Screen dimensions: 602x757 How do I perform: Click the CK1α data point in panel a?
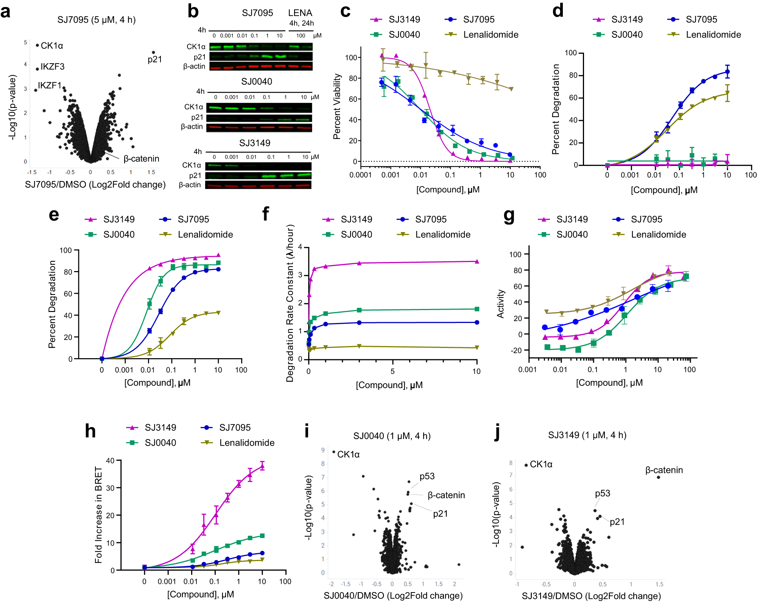coord(37,45)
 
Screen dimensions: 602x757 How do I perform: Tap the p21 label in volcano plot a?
coord(155,59)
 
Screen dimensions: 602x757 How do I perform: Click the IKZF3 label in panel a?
coord(53,67)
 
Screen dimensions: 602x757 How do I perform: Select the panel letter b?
coord(193,11)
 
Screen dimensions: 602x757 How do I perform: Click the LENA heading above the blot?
coord(300,13)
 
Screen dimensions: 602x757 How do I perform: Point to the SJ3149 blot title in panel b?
coord(255,143)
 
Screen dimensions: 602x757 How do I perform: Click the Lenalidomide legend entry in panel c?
coord(491,35)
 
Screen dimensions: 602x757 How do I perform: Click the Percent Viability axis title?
coord(337,106)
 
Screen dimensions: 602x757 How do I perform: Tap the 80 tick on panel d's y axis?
coord(573,75)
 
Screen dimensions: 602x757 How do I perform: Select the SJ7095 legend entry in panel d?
coord(701,20)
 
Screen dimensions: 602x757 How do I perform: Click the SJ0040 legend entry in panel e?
coord(118,235)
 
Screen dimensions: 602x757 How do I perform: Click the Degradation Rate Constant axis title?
coord(290,303)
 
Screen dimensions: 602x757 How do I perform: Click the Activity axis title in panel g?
coord(501,304)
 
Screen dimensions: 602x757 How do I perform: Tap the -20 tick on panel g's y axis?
coord(516,351)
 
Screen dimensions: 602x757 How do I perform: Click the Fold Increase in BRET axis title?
coord(99,515)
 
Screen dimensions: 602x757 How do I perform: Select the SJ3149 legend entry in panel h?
coord(160,428)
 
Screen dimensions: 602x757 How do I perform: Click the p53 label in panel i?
coord(427,476)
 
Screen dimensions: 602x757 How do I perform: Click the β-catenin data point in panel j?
coord(659,477)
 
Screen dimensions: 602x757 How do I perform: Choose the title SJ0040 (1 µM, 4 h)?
coord(392,436)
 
